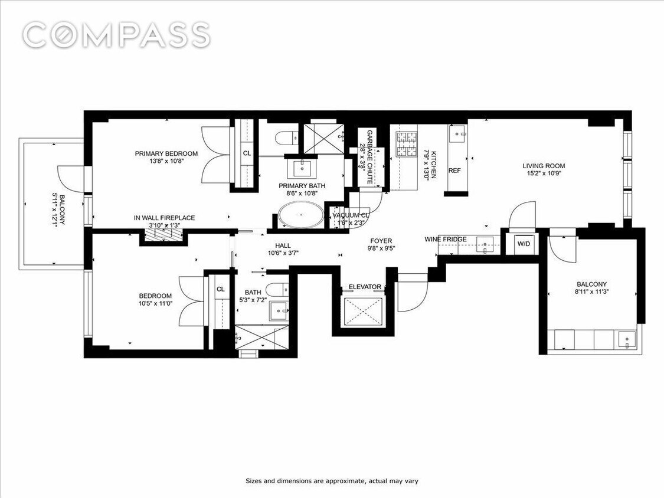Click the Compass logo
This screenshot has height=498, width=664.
click(116, 35)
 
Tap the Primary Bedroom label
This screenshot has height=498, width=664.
click(166, 154)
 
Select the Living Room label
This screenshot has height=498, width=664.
click(544, 166)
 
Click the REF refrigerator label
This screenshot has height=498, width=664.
click(454, 171)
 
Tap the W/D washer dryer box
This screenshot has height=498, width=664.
click(524, 243)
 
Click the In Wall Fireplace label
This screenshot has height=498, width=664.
click(164, 218)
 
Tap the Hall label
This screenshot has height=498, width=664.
click(283, 245)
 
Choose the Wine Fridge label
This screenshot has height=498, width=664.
click(446, 239)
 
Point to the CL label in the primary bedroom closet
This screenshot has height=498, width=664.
click(247, 153)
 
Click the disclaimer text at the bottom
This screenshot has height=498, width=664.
click(332, 481)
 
